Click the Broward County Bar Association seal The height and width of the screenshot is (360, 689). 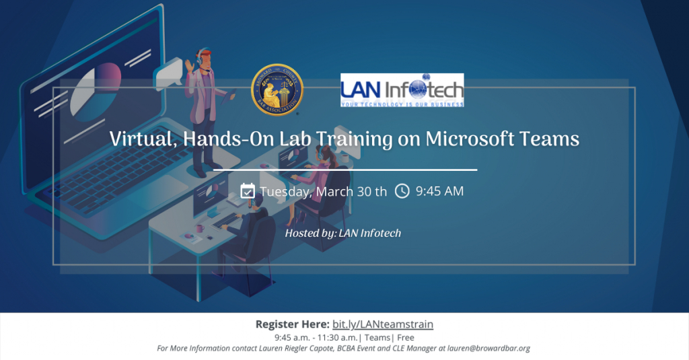coord(277,91)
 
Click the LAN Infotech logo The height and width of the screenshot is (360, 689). coord(402,90)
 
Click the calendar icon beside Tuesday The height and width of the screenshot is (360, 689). coord(248,191)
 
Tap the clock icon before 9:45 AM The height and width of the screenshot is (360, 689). coord(402,191)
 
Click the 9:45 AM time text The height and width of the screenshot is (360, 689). coord(439,191)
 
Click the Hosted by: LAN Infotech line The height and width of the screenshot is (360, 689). coord(343,233)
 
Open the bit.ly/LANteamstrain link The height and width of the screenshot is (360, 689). coord(383,324)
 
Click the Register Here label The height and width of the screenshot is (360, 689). coord(292,324)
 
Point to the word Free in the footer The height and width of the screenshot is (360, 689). coord(406,337)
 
